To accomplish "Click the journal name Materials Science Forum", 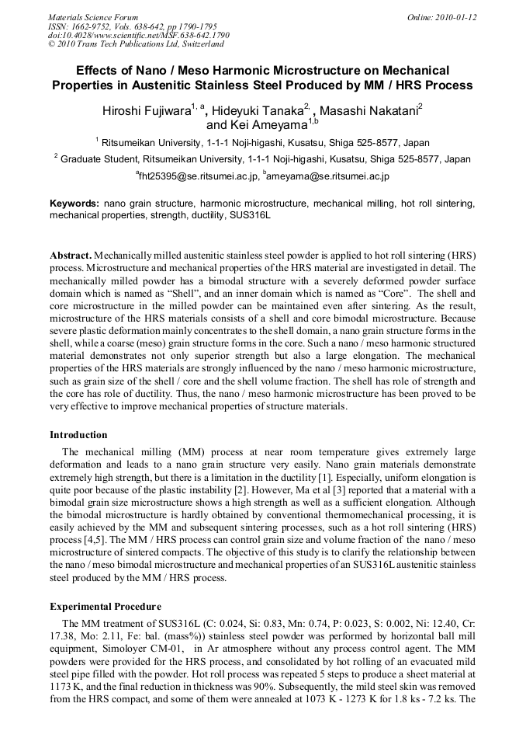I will coord(93,17).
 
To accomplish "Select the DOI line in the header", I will coord(138,35).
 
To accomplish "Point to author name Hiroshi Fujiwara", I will coord(147,111).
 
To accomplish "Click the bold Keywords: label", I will coord(74,204).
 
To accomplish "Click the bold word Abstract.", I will coord(71,256).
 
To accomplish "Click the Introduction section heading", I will coord(78,434).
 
